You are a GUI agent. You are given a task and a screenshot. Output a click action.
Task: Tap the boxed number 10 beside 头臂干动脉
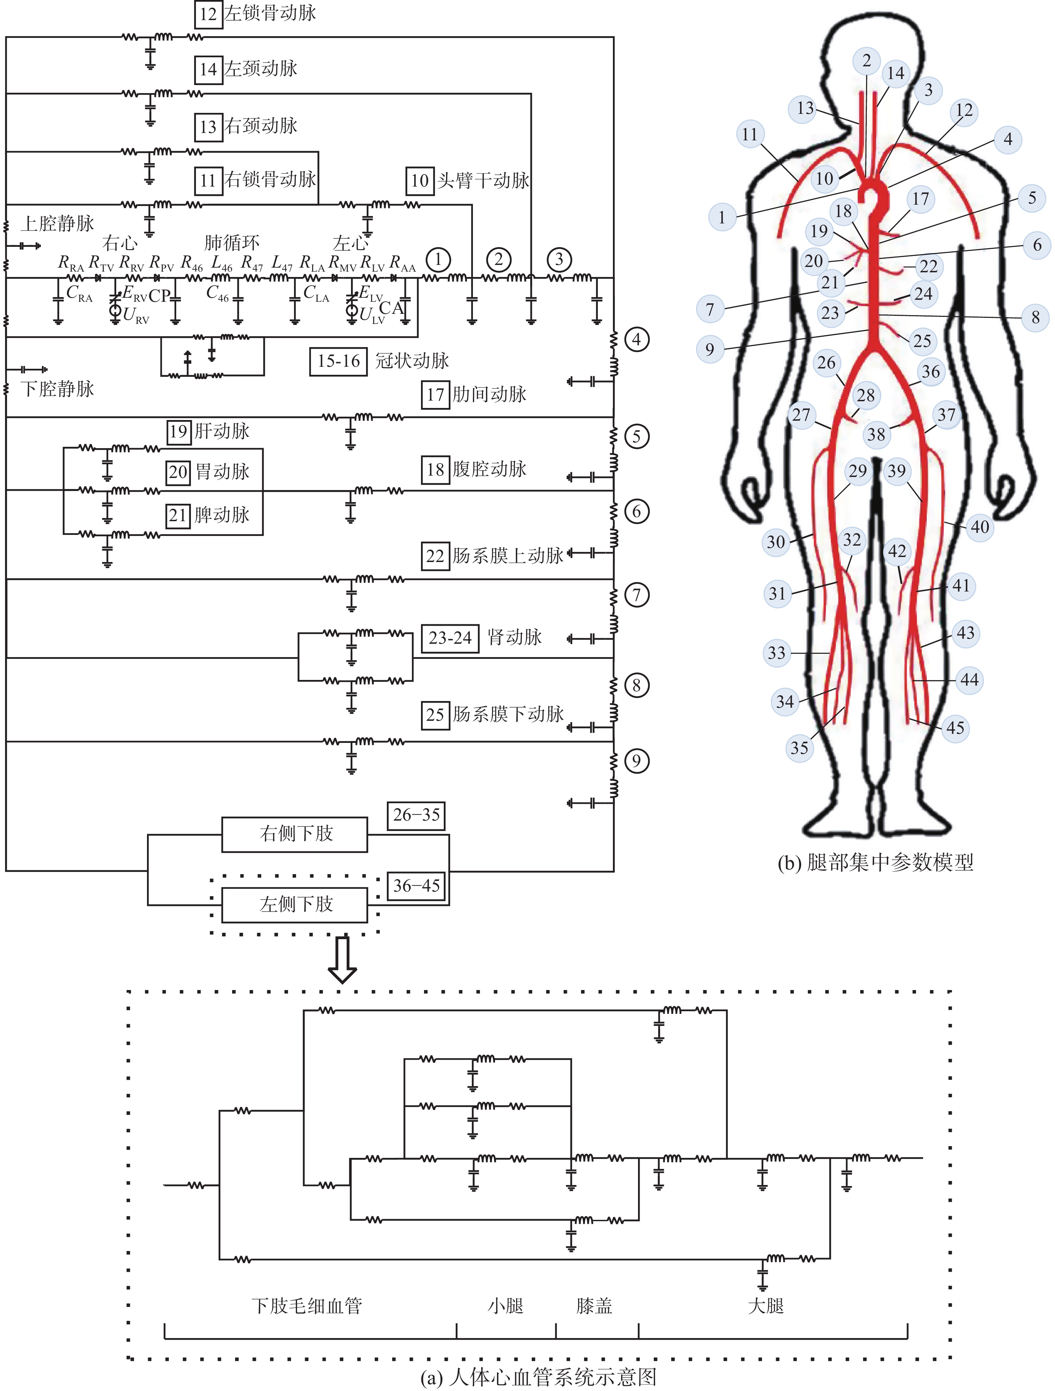coord(419,181)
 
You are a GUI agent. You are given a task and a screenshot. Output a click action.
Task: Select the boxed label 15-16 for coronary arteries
coord(338,361)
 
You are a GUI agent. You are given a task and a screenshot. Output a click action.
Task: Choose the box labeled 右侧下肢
coord(295,834)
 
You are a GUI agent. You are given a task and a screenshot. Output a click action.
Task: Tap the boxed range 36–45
coord(416,886)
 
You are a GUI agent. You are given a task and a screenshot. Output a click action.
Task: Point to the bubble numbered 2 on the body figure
coord(866,60)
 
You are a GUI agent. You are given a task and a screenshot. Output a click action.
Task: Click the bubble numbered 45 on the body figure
coord(955,728)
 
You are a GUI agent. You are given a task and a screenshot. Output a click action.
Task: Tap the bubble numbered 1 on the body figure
coord(722,218)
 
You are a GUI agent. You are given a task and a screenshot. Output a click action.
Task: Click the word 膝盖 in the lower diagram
coord(594,1306)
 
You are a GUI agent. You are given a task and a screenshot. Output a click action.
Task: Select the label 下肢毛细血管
coord(307,1306)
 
